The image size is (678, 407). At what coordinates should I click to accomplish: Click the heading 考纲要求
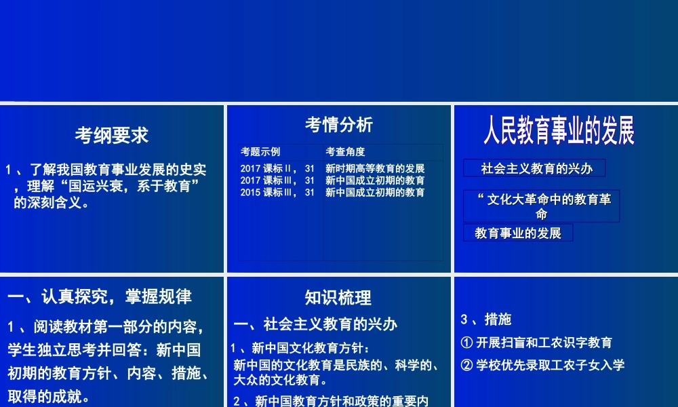point(112,136)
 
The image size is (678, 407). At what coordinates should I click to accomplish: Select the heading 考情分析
point(338,124)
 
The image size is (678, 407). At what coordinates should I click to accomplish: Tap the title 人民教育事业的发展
point(559,130)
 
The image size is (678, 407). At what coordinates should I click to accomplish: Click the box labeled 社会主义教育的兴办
point(534,168)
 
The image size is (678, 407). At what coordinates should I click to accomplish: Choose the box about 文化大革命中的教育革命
point(542,206)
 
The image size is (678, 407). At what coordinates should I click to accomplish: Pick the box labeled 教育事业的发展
point(518,233)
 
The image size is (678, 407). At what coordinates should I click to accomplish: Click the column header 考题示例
point(260,151)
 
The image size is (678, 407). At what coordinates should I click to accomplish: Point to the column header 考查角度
point(345,151)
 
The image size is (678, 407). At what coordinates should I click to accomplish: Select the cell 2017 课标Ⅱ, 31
point(277,168)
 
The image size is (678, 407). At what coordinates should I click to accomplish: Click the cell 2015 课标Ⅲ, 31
point(277,193)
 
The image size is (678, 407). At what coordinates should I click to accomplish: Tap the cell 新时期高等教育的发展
point(375,168)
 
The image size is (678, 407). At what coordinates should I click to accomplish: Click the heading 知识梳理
point(338,298)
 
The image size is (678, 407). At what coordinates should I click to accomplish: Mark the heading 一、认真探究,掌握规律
point(100,296)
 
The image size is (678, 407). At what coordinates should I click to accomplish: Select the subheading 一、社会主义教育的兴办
point(315,324)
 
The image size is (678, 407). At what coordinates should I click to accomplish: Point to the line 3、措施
point(485,319)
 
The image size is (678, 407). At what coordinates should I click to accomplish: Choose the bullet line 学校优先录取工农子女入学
point(542,365)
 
